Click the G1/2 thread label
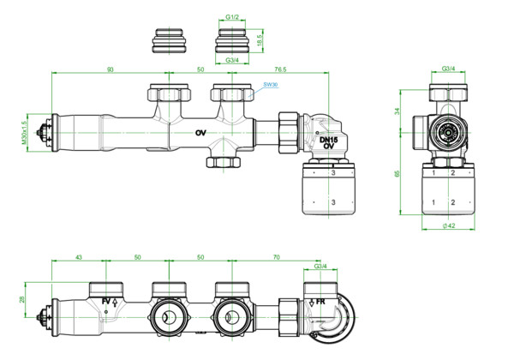(231, 16)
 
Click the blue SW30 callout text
(271, 86)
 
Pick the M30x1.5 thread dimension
(26, 133)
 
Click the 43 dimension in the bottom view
(79, 257)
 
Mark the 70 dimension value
(276, 257)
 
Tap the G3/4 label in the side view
(447, 68)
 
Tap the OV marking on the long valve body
(200, 133)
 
